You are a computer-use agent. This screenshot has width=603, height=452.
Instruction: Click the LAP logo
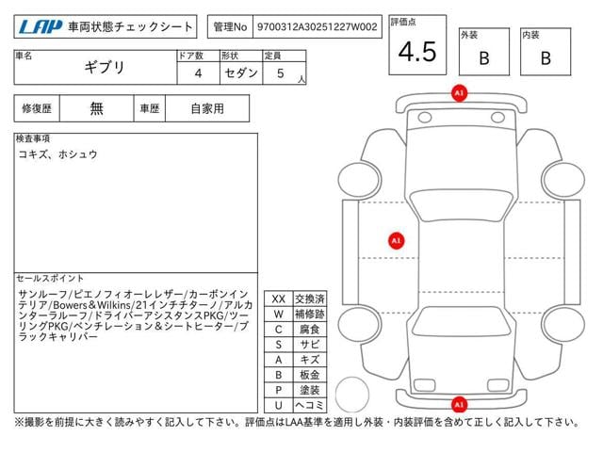pos(41,26)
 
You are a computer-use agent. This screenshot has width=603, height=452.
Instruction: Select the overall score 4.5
pos(417,52)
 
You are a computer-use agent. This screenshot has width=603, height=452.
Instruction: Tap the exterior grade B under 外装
pos(484,58)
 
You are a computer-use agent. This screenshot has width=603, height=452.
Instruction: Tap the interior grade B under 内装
pos(546,58)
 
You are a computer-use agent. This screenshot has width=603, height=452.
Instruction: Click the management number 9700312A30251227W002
pos(317,27)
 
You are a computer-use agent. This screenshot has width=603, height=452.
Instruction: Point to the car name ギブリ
pos(105,68)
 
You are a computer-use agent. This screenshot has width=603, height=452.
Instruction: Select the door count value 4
pos(198,73)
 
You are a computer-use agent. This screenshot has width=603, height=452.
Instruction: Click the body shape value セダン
pos(241,73)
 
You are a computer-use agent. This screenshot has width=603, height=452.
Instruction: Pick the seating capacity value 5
pos(281,73)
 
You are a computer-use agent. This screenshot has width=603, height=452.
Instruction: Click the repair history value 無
pos(96,109)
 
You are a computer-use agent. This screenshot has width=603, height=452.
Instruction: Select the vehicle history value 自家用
pos(207,109)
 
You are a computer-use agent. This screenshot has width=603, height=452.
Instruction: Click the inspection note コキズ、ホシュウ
pos(57,154)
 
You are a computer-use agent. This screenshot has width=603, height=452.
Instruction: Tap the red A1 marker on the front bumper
pos(459,93)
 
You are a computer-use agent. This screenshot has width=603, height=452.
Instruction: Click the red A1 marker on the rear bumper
pos(459,404)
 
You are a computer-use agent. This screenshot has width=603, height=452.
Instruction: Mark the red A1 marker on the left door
pos(397,241)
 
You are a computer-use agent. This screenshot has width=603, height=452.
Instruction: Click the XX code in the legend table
pos(279,299)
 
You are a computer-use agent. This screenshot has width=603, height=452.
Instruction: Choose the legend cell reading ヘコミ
pos(310,405)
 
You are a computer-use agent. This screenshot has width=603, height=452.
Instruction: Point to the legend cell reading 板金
pos(310,375)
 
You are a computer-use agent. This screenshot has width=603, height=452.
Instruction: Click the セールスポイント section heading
pos(50,279)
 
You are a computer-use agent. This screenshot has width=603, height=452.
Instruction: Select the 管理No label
pos(230,27)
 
